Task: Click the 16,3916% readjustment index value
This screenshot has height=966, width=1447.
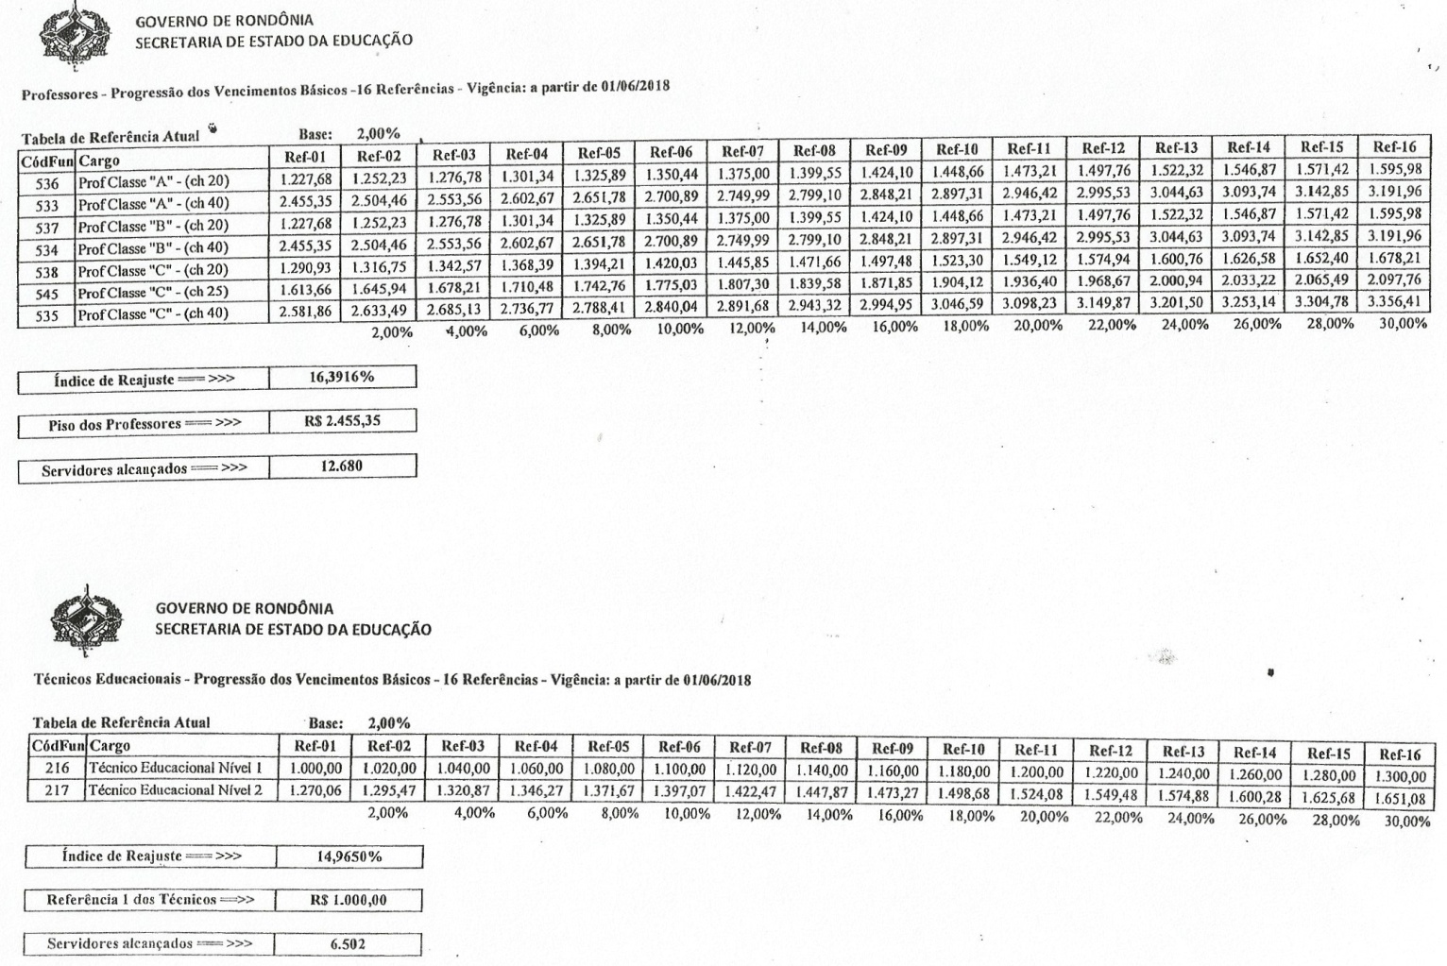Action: [342, 377]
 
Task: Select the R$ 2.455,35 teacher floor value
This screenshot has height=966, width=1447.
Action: [342, 421]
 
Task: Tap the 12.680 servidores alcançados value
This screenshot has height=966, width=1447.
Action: [342, 466]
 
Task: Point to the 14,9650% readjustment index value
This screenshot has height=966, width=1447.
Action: [349, 856]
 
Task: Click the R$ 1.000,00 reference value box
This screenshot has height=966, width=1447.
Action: [349, 900]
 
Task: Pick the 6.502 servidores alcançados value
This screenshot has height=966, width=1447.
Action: [349, 943]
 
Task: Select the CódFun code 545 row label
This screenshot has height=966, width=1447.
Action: [47, 294]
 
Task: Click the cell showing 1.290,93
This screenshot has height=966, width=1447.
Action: [305, 269]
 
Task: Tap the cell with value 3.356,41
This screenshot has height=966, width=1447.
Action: [1394, 302]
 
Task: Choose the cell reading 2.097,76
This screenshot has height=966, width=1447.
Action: [1394, 280]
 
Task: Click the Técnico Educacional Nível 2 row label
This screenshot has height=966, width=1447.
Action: [176, 790]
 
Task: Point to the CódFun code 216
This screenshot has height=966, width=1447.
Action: [58, 769]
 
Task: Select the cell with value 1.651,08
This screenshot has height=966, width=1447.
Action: [1400, 799]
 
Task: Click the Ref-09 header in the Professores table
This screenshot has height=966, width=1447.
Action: [887, 150]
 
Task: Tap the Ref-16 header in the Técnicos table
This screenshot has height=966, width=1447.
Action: [1400, 754]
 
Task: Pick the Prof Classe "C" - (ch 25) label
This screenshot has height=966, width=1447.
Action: [153, 293]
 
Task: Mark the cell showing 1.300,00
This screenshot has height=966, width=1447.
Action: [1400, 776]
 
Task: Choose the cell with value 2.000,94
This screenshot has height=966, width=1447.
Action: [1176, 280]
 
